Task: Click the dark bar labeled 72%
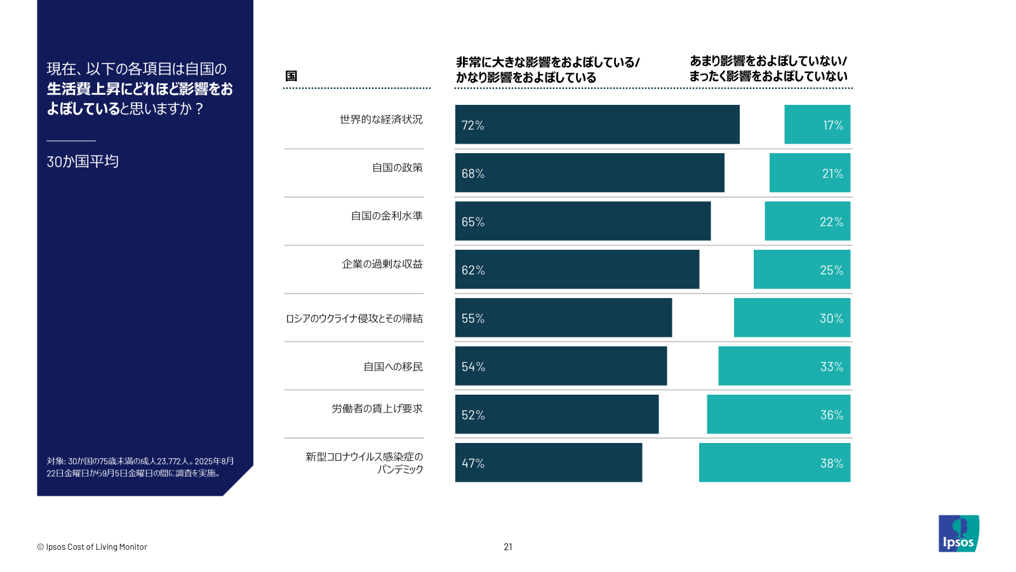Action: point(597,125)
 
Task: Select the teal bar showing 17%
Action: point(817,125)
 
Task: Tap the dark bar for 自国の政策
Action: point(589,173)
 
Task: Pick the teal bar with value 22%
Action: point(807,221)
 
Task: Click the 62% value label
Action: point(473,270)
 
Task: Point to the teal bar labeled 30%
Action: point(792,318)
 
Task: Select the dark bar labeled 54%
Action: point(561,366)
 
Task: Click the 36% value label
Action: point(831,415)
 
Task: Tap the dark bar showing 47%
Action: point(548,463)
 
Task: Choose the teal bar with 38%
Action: point(774,463)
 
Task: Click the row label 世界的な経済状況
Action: point(381,119)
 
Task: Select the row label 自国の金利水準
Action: point(387,216)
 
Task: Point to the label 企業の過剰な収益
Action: point(382,264)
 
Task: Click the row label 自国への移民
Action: point(393,367)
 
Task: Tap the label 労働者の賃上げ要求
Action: point(377,409)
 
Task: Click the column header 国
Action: point(291,76)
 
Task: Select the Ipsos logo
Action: point(959,533)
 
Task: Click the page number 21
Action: point(508,547)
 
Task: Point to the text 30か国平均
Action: point(83,161)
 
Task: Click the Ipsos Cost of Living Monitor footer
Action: point(92,547)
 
